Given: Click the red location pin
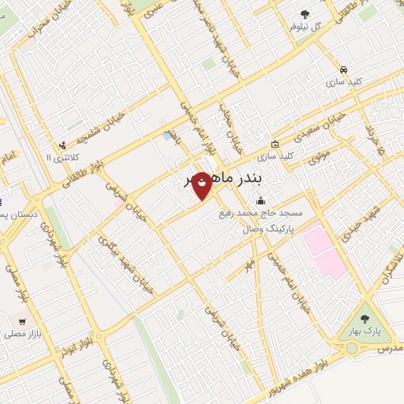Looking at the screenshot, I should [x=202, y=185].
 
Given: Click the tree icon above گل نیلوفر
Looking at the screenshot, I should [x=305, y=13].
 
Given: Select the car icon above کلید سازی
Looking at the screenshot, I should [x=343, y=69].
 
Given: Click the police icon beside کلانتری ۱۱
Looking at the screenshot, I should [x=62, y=144].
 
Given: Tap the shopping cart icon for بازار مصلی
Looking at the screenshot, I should [x=22, y=322].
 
